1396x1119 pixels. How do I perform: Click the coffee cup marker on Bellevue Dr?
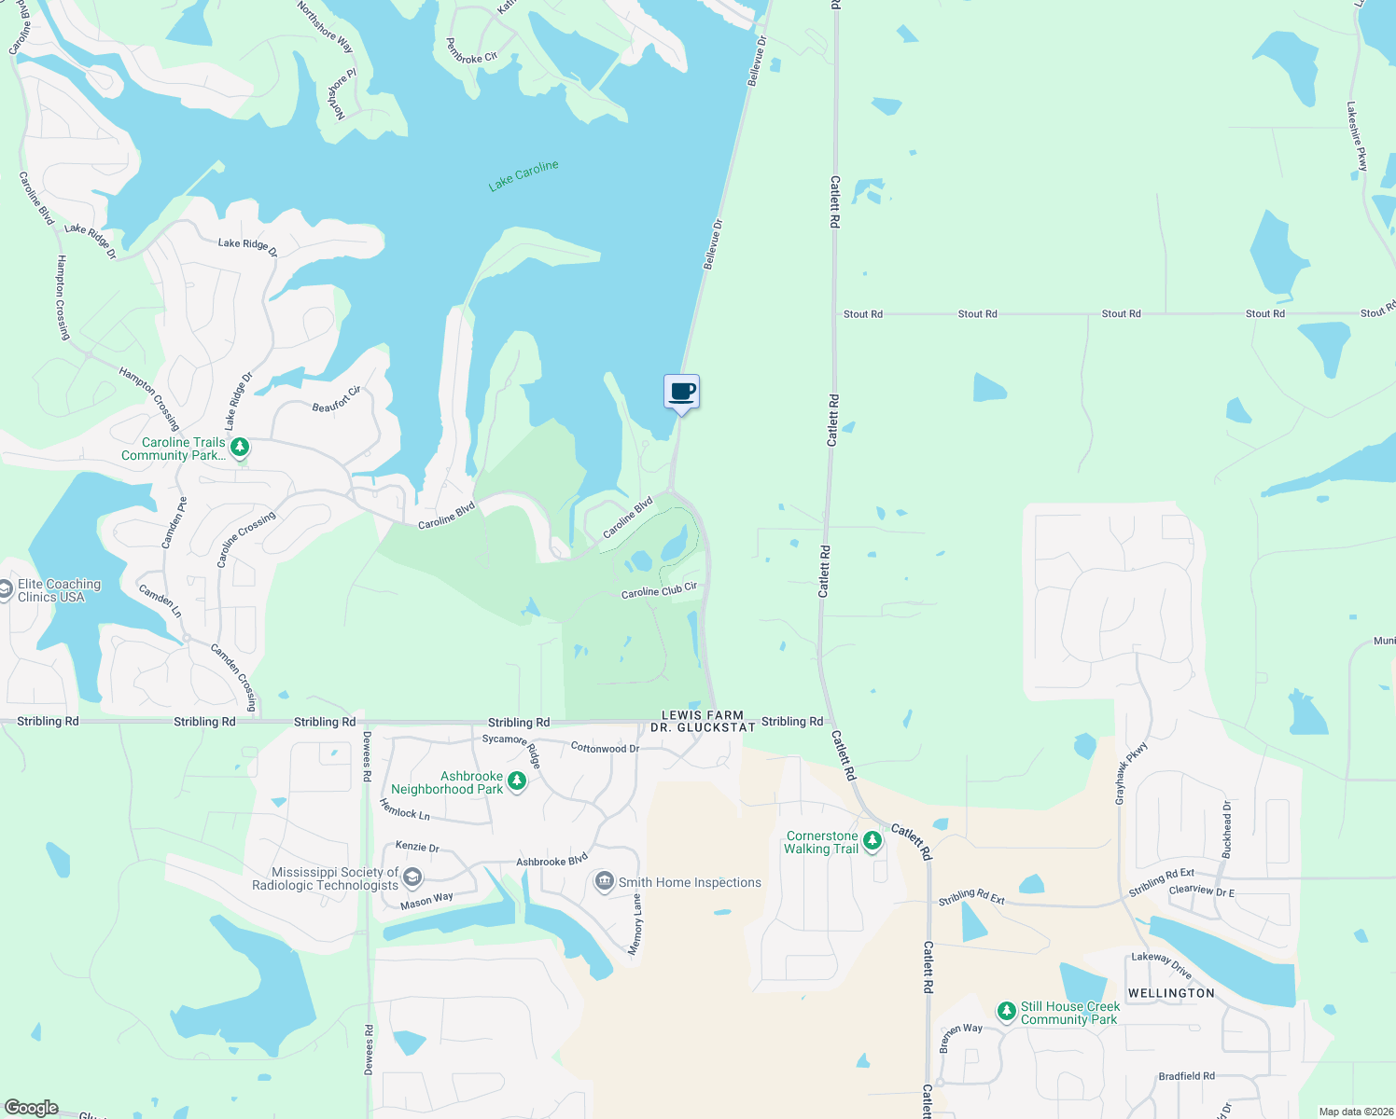click(x=682, y=391)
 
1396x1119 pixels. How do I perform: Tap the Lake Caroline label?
click(x=523, y=175)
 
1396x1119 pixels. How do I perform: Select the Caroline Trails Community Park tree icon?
click(x=240, y=448)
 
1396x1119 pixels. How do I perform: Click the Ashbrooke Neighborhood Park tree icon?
click(x=516, y=781)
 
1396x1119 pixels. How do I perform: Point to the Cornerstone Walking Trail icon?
click(x=872, y=841)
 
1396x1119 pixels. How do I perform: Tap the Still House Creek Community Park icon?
click(x=1006, y=1011)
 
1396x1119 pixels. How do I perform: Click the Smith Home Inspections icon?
click(x=605, y=881)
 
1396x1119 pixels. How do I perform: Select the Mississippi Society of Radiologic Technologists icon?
click(x=412, y=877)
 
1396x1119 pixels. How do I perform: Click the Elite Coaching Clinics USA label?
click(x=59, y=590)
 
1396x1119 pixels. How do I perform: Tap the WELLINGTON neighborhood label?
click(x=1171, y=993)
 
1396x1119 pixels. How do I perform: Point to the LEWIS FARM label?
click(x=703, y=715)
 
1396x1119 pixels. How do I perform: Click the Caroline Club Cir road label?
click(x=659, y=590)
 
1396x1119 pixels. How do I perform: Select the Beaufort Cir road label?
click(x=336, y=400)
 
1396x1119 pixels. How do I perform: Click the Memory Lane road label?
click(x=636, y=924)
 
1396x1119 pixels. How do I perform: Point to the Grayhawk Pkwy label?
click(x=1132, y=773)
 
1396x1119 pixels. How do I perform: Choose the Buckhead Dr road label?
click(x=1227, y=829)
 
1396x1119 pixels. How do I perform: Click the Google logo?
click(x=32, y=1108)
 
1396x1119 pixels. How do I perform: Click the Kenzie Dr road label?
click(x=417, y=847)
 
